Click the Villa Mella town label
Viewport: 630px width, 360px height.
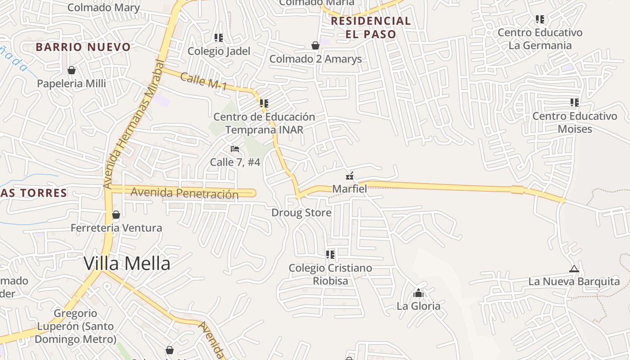coord(127,263)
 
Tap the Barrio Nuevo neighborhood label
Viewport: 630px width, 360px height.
coord(83,47)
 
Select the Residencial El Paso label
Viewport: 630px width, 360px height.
coord(371,27)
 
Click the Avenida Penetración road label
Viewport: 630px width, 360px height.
coord(184,193)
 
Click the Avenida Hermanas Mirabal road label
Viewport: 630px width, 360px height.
coord(134,124)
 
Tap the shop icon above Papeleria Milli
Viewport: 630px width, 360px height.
coord(71,70)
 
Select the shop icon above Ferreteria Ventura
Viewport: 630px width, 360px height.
coord(116,215)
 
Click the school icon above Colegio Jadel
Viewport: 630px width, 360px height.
coord(219,38)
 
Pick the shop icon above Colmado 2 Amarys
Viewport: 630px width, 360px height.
coord(315,45)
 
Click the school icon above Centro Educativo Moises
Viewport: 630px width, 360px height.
coord(575,103)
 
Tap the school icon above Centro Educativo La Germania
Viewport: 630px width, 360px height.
coord(540,19)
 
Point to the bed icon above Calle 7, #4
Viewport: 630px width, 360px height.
coord(234,148)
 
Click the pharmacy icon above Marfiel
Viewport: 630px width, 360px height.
coord(350,175)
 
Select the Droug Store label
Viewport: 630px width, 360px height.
coord(301,212)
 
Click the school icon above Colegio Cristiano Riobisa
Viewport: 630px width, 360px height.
coord(331,255)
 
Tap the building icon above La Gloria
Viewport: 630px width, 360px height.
coord(418,293)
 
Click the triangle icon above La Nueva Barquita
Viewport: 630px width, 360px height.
coord(574,269)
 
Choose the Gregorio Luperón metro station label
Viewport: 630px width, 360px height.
coord(75,326)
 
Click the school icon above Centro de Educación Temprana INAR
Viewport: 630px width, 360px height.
coord(264,103)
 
